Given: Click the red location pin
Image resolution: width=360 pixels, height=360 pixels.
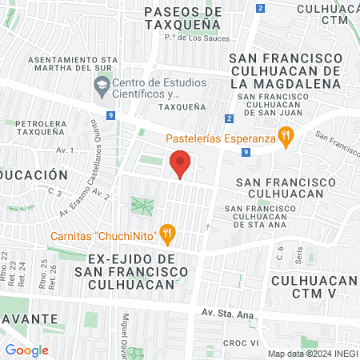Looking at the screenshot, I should click(x=181, y=165).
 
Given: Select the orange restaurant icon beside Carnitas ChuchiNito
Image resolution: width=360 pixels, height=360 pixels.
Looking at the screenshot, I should click(x=166, y=234).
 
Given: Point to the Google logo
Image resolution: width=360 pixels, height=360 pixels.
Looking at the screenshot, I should click(x=26, y=350).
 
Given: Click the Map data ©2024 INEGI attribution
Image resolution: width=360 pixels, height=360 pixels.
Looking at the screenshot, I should click(x=311, y=354).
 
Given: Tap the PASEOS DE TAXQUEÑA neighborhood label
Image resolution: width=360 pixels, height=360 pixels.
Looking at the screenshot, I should click(x=183, y=18).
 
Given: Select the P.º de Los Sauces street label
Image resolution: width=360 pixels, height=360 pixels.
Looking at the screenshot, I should click(x=197, y=38).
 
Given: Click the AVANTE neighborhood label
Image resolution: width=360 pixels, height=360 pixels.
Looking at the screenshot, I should click(x=28, y=318).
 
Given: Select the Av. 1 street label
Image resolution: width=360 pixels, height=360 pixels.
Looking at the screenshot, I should click(x=66, y=150).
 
